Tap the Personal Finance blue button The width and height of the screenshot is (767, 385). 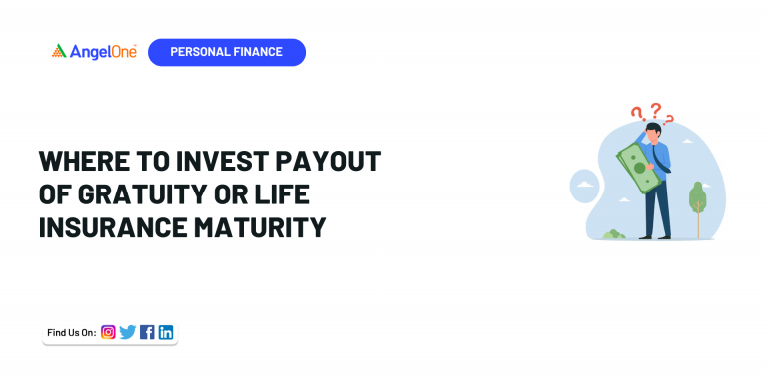pyautogui.click(x=226, y=52)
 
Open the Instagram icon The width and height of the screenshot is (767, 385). pyautogui.click(x=108, y=332)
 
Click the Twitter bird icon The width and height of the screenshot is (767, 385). pyautogui.click(x=127, y=332)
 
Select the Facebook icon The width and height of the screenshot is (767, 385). pyautogui.click(x=147, y=332)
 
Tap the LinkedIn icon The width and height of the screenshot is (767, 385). pyautogui.click(x=166, y=332)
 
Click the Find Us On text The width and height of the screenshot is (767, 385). pyautogui.click(x=71, y=332)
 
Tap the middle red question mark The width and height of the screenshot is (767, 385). pyautogui.click(x=655, y=109)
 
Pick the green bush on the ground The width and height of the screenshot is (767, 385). pyautogui.click(x=613, y=234)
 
